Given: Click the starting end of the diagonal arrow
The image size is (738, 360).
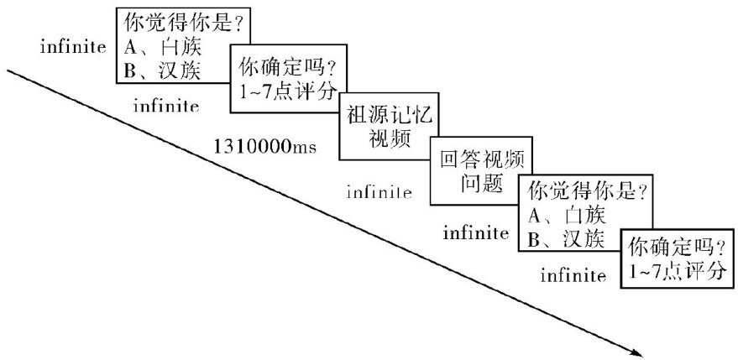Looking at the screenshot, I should coord(10,71).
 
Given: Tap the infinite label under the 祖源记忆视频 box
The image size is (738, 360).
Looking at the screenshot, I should coord(379,192).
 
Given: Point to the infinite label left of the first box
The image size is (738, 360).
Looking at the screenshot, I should coord(72,45).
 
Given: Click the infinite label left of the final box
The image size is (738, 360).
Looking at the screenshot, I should coord(573,274).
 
